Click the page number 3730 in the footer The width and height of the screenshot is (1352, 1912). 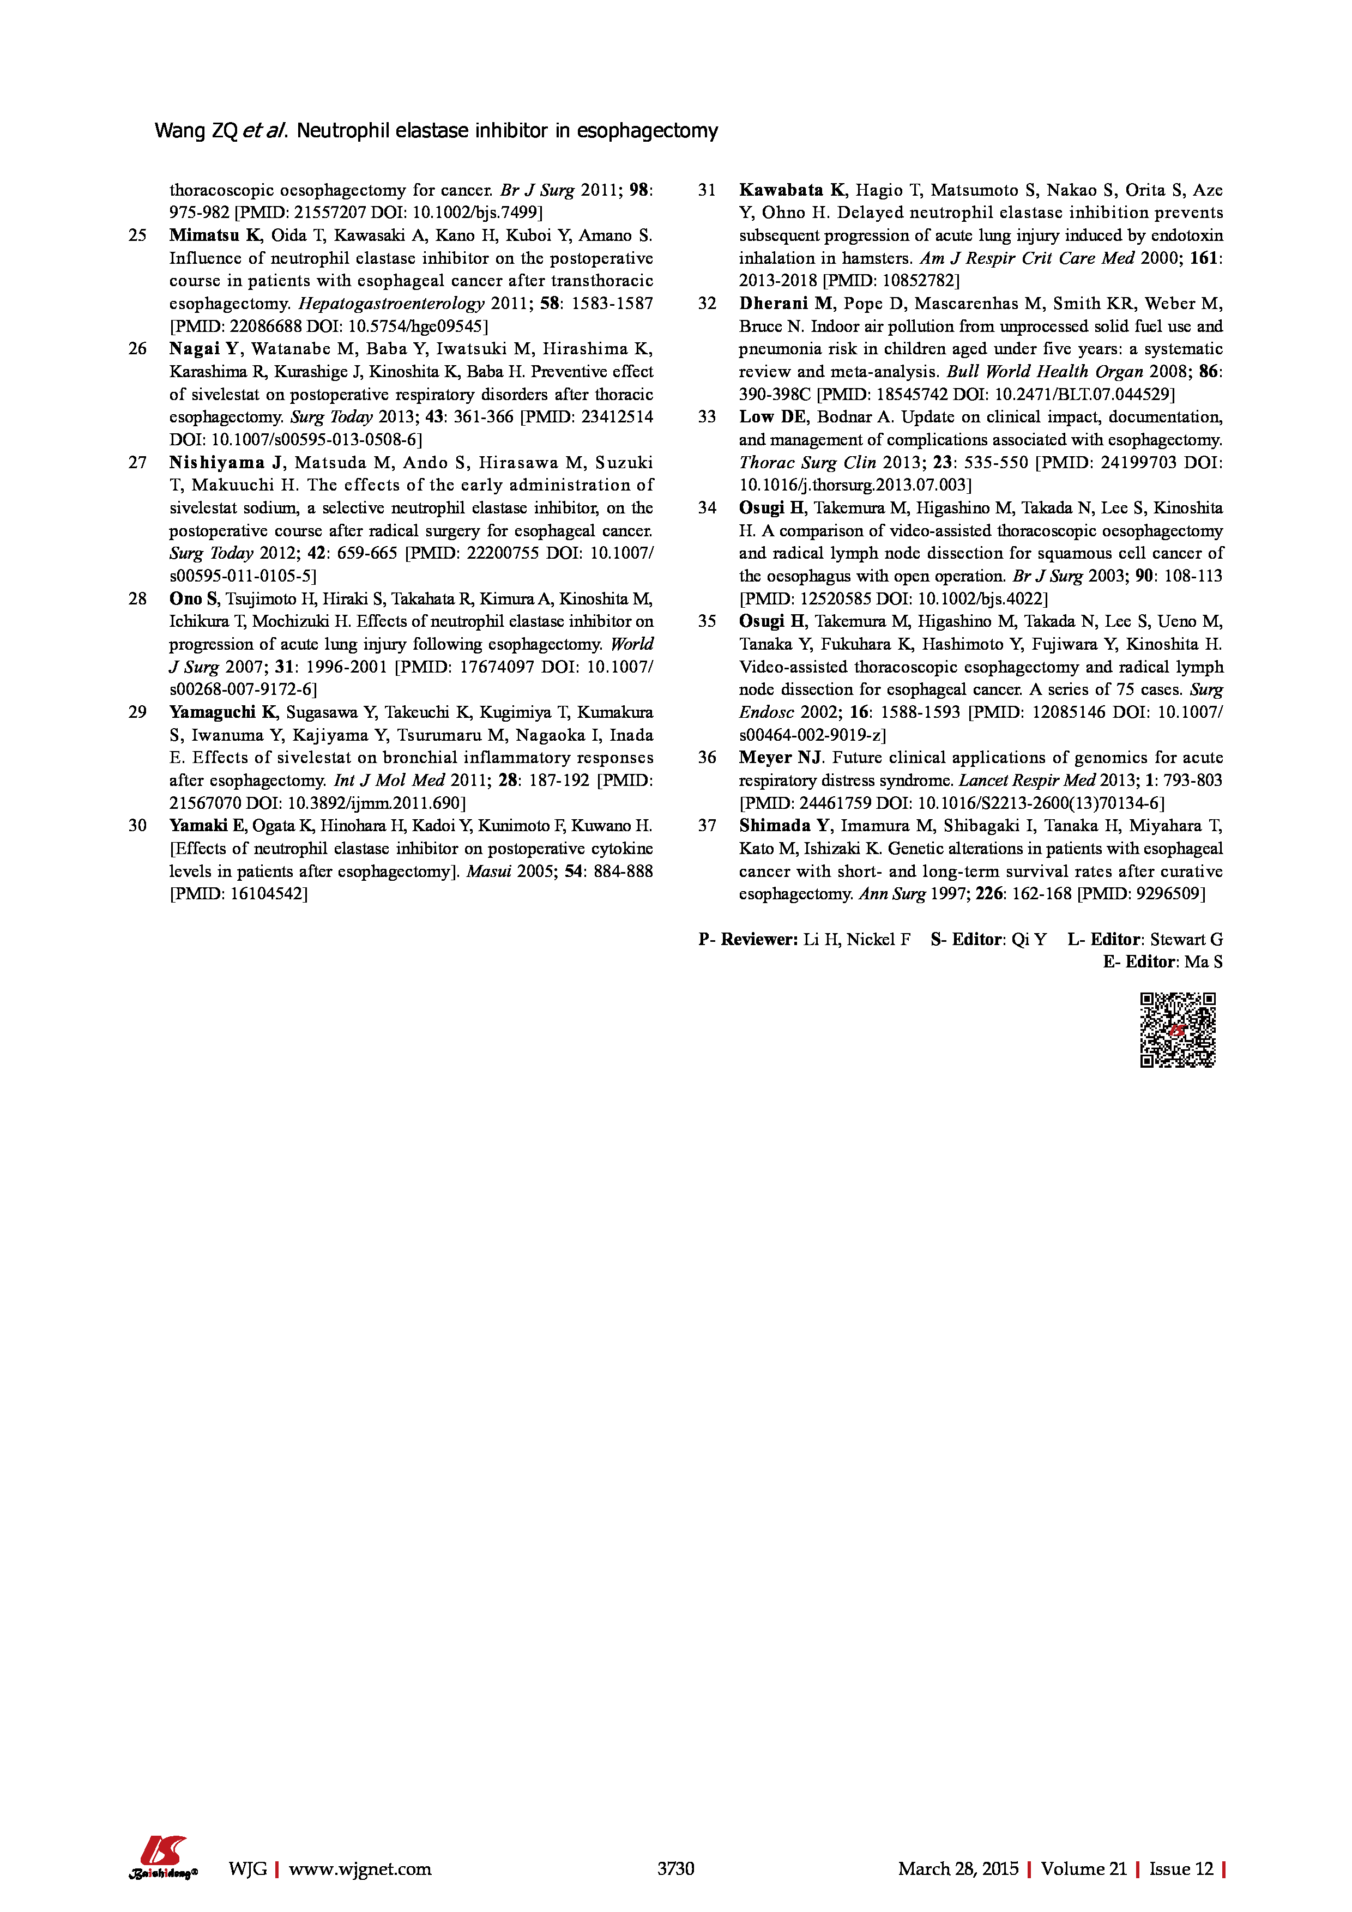click(x=675, y=1868)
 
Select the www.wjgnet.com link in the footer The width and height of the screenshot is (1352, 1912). click(x=360, y=1868)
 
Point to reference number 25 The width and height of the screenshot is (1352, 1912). click(x=137, y=235)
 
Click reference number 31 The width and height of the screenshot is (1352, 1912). click(x=707, y=190)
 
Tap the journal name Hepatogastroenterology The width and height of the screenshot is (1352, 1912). click(x=391, y=303)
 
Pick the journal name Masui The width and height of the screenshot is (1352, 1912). click(x=488, y=871)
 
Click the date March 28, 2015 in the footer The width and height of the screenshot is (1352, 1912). click(x=958, y=1868)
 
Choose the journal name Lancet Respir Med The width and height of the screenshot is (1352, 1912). click(x=1027, y=780)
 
